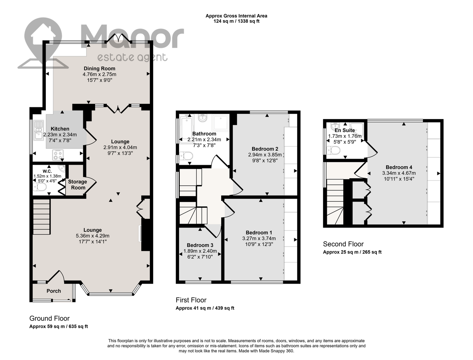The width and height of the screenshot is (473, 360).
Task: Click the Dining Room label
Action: click(99, 68)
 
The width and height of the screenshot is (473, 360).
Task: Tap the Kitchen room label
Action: click(60, 129)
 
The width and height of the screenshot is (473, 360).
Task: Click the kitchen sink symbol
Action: click(39, 131)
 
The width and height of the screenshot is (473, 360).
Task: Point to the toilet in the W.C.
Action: click(40, 187)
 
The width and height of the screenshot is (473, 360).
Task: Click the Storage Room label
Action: click(77, 185)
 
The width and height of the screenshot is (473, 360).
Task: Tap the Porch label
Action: click(54, 291)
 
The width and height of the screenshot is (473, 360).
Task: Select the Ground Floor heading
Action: click(49, 318)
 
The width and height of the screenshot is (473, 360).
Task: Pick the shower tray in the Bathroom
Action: click(220, 123)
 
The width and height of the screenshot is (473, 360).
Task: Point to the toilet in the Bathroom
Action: click(186, 156)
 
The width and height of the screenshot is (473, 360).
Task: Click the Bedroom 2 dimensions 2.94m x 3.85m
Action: click(265, 154)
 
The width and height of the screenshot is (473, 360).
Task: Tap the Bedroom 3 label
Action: click(200, 245)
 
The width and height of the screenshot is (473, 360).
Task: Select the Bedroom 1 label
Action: click(259, 233)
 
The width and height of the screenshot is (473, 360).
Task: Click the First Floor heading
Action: click(191, 300)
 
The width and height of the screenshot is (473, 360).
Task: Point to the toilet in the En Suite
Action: click(333, 150)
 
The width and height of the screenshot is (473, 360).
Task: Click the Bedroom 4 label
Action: click(399, 167)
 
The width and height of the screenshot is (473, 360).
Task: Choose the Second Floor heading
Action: click(343, 244)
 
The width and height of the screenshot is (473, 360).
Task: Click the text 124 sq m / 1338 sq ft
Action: click(236, 21)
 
